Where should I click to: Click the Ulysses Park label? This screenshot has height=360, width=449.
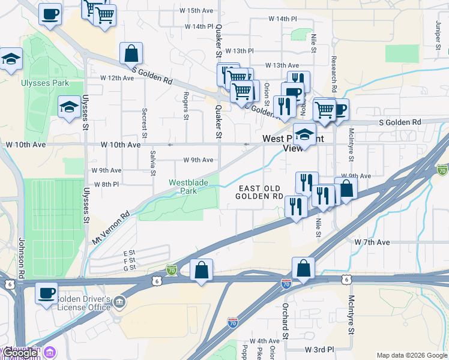pos(44,83)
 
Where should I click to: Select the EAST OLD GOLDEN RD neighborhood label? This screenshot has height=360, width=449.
pos(259,193)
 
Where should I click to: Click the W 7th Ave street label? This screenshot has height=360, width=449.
pos(372,242)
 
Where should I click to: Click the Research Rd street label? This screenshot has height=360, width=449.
pos(332,70)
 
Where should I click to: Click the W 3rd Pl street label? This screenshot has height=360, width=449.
pos(319,349)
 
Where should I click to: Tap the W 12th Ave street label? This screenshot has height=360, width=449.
pos(116,78)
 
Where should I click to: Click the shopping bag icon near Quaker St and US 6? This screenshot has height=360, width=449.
pos(201,270)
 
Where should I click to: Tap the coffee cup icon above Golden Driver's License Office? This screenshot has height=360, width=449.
pos(46,293)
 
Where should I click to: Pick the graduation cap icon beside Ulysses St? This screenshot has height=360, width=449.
pos(69,107)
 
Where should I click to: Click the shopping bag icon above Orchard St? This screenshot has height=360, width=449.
pos(303,268)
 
